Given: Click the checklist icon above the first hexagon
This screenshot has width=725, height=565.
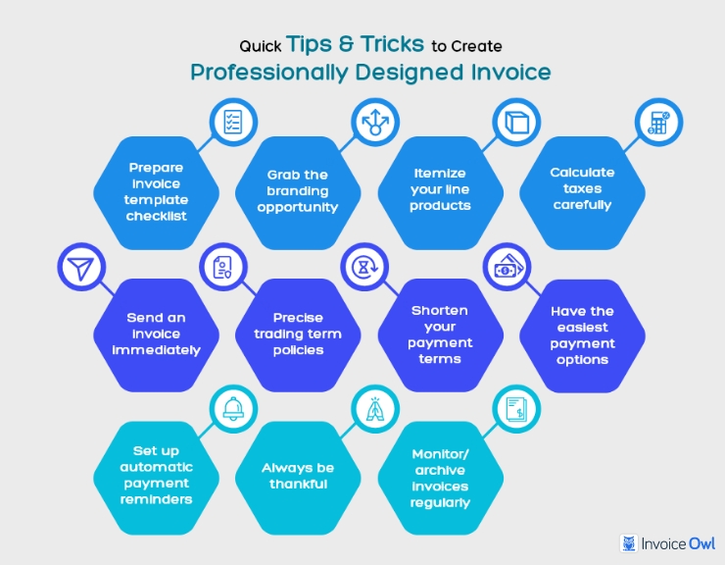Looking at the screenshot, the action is tap(232, 123).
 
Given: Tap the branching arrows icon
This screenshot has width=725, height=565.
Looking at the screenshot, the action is tap(375, 123).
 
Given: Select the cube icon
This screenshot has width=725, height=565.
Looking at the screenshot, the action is tap(516, 123).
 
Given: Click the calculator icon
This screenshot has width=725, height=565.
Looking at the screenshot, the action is tap(659, 123).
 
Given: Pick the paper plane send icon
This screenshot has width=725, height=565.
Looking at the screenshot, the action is tap(81, 268).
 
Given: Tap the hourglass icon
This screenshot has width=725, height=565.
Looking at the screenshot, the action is tap(364, 267).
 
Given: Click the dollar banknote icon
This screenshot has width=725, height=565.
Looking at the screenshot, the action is tap(508, 267).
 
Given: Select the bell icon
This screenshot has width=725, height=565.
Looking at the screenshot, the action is tap(233, 409).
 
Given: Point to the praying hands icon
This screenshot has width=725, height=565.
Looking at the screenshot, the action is tap(375, 409).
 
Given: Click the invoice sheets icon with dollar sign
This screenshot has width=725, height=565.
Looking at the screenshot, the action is tap(516, 409).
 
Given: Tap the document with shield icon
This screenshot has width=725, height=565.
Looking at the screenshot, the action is tap(222, 267).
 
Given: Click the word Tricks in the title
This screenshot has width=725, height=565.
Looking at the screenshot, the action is tap(392, 44).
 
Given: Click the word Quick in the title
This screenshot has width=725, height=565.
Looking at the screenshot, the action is tap(260, 46).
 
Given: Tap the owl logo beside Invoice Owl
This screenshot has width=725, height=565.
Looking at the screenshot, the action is tap(628, 543).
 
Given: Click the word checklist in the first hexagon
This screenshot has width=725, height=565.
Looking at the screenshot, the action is tap(157, 216).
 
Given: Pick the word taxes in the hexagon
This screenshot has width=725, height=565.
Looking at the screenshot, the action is tap(582, 189).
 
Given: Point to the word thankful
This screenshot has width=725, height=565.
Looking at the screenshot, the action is tap(298, 484).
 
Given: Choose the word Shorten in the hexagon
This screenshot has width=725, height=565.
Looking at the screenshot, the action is tap(440, 310).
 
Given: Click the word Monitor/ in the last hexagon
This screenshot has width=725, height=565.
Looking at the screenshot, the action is tap(440, 454).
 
